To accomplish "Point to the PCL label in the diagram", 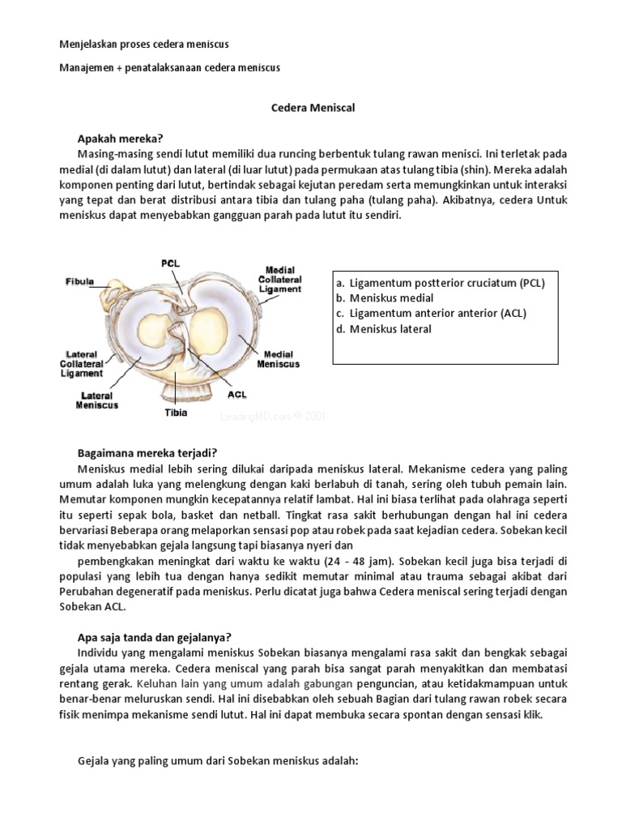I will click(x=170, y=263).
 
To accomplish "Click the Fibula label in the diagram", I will click(x=79, y=282).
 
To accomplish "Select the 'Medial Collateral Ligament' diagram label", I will click(x=280, y=279).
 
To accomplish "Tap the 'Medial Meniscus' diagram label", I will click(x=278, y=358).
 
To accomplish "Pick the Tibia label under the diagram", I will click(x=176, y=413).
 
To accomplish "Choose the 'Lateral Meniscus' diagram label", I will click(x=97, y=400).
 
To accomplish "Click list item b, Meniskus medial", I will click(x=390, y=298).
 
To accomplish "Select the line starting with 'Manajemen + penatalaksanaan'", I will click(x=170, y=68).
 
